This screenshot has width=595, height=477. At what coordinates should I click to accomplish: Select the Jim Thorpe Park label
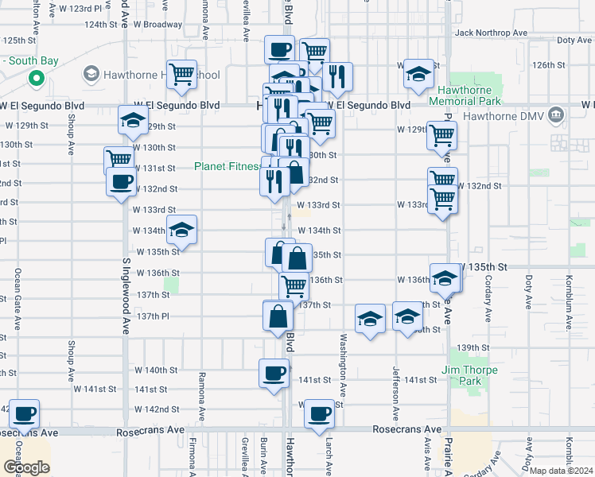click(x=472, y=375)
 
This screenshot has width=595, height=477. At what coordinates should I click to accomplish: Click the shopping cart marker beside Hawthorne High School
click(x=182, y=75)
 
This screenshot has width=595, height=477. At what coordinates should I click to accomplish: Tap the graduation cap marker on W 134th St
click(x=182, y=231)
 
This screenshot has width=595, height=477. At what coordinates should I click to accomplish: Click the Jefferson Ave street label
click(x=395, y=394)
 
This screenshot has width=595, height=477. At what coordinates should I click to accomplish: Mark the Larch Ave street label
click(x=327, y=453)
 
